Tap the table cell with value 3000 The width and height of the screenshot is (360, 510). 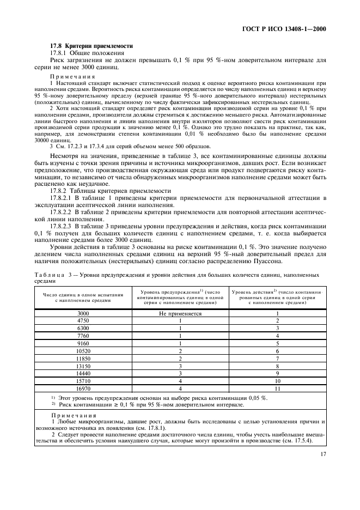coord(83,314)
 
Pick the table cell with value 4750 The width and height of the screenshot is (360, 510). coord(83,321)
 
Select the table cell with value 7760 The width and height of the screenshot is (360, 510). coord(83,336)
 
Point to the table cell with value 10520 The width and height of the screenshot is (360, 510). coord(83,351)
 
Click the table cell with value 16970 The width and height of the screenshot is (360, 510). coord(83,389)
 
